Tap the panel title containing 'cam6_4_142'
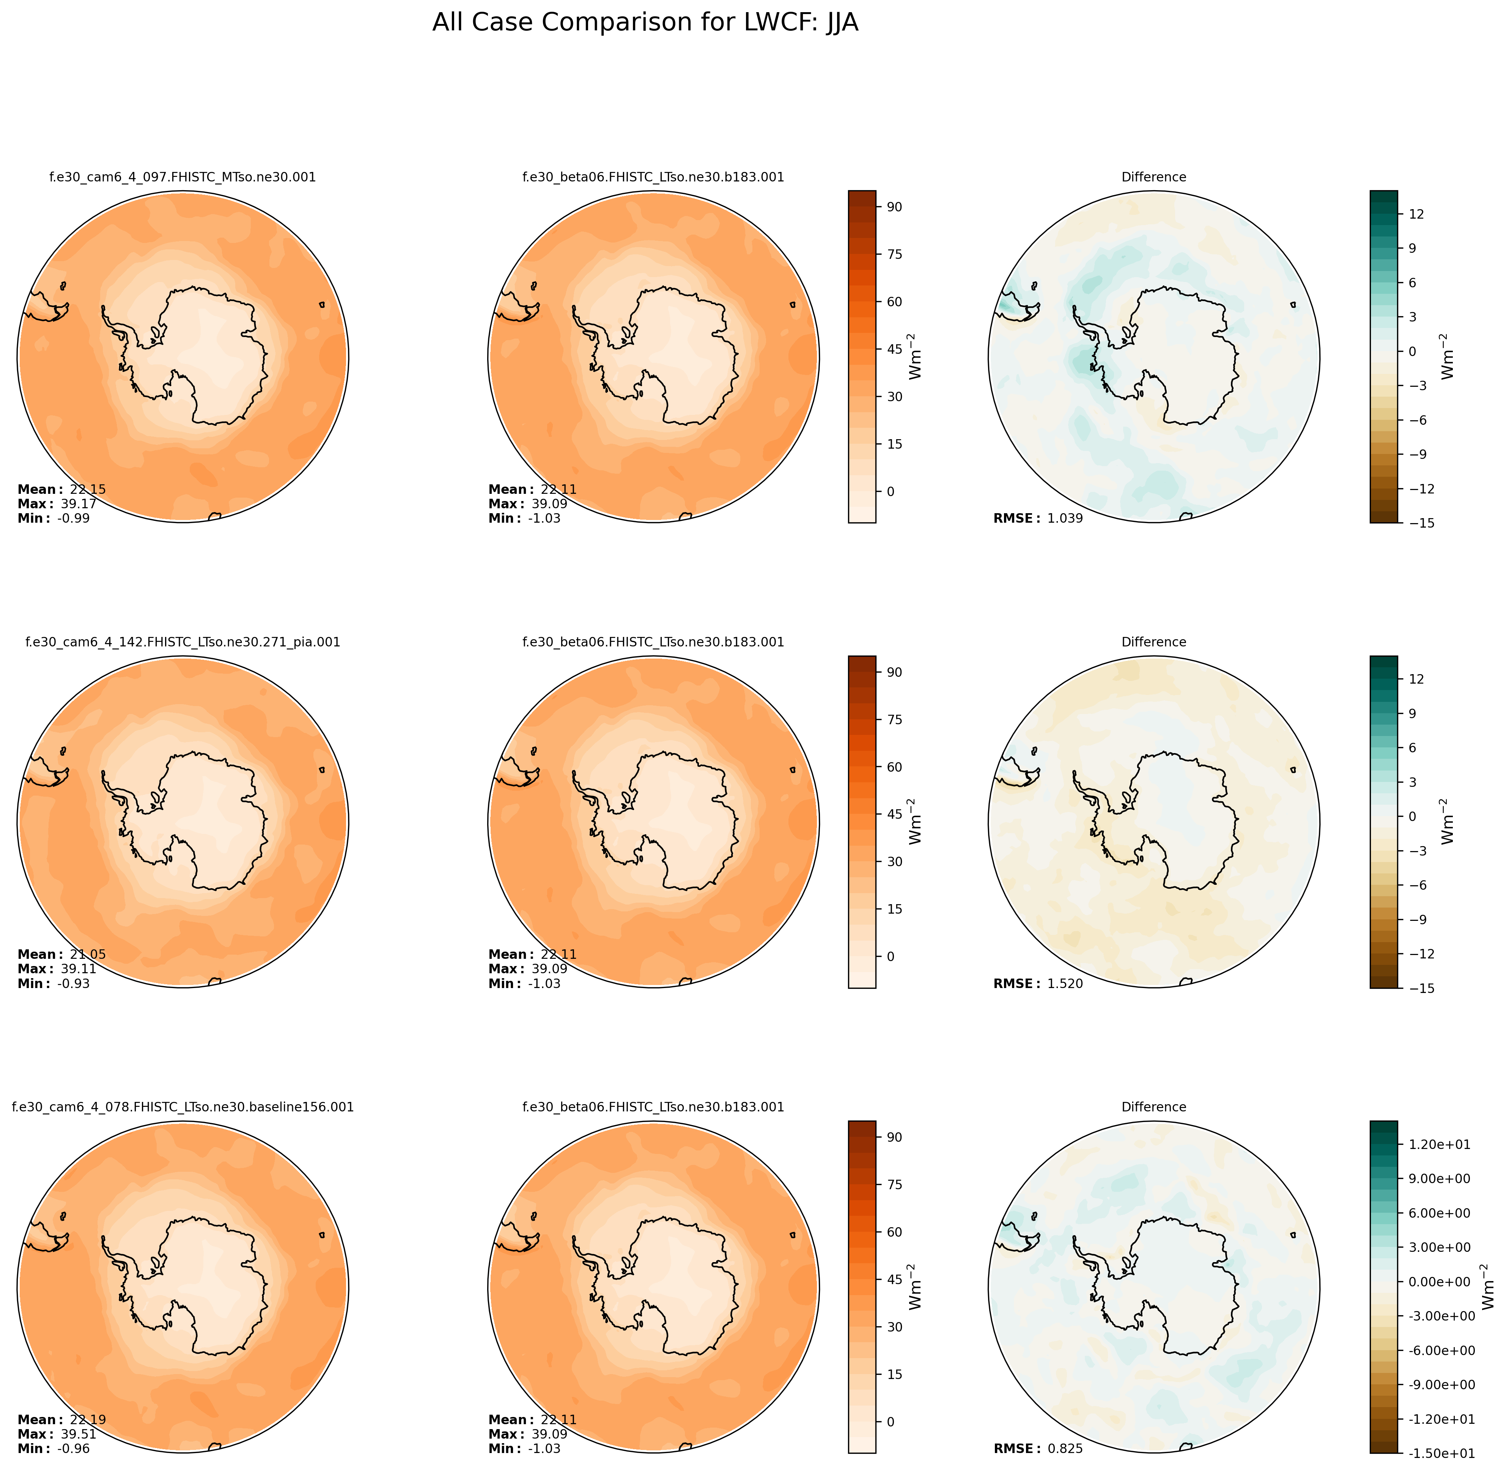tap(183, 643)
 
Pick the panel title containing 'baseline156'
tap(183, 1107)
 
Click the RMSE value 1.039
tap(1065, 519)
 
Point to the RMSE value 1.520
tap(1065, 984)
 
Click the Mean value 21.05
tap(87, 955)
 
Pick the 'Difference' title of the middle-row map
tap(1153, 643)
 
